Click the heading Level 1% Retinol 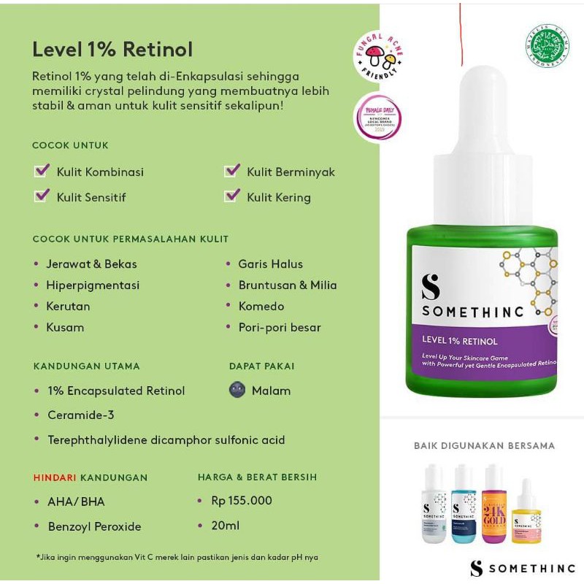112,49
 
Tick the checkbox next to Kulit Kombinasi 42,171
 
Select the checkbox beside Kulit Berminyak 232,171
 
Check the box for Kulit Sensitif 42,196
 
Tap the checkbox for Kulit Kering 232,196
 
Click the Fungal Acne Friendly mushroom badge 379,56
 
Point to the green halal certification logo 547,46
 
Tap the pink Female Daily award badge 377,117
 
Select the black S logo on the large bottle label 431,287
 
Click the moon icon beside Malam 237,390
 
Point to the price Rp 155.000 242,500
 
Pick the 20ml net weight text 226,525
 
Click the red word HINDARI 55,477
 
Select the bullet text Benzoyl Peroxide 94,526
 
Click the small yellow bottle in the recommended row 526,514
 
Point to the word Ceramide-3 81,415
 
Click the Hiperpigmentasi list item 93,285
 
